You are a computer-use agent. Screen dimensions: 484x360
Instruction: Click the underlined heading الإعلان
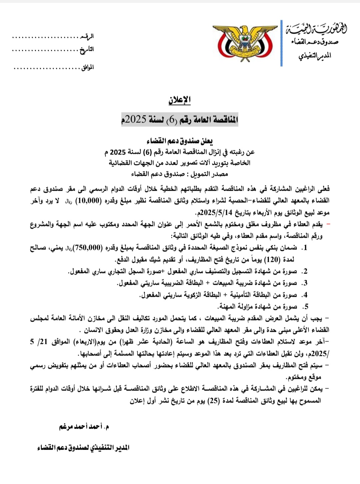click(x=179, y=100)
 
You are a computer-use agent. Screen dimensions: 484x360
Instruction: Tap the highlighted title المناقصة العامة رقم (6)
click(x=180, y=119)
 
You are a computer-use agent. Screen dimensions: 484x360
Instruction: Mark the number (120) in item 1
click(x=271, y=260)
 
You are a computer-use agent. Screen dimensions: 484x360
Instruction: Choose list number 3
click(x=304, y=283)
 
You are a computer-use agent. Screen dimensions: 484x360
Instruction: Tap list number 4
click(x=305, y=295)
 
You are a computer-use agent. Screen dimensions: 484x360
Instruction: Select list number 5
click(x=305, y=307)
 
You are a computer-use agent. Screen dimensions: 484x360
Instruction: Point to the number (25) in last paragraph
click(x=213, y=401)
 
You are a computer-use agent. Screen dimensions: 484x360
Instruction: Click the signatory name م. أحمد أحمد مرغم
click(x=84, y=426)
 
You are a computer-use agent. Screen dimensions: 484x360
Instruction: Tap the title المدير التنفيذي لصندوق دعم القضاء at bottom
click(x=83, y=448)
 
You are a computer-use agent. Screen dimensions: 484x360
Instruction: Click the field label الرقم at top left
click(x=88, y=36)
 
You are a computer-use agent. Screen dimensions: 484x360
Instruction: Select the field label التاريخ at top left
click(x=87, y=50)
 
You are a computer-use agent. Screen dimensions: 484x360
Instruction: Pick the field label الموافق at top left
click(x=88, y=67)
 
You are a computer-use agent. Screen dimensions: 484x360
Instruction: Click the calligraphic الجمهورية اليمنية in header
click(x=316, y=29)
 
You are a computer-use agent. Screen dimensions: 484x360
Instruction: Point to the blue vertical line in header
click(x=282, y=43)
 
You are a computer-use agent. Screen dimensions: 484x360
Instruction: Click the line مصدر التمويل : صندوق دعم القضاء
click(x=180, y=174)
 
